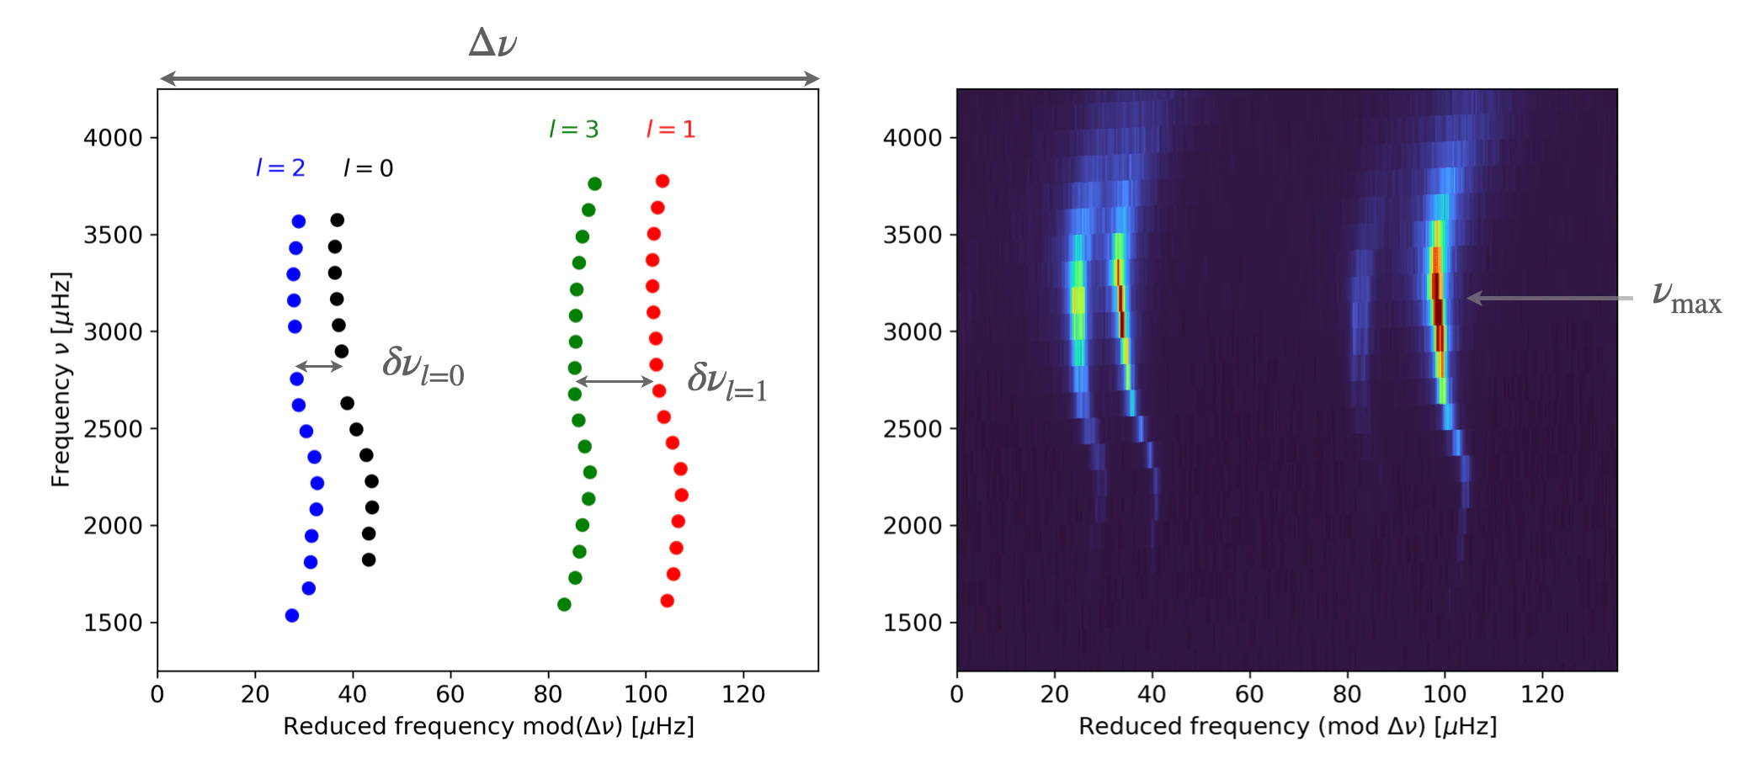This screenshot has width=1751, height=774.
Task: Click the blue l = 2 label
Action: coord(280,167)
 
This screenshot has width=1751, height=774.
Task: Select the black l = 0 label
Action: coord(369,168)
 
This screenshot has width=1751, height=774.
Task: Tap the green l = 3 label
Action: coord(574,129)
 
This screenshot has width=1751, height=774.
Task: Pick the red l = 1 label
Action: coord(671,129)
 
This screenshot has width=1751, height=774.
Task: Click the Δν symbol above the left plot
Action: coord(492,42)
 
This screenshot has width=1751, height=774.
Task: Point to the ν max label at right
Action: coord(1686,297)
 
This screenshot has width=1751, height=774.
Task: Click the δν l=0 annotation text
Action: coord(423,366)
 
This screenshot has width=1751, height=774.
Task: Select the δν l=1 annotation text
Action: coord(727,381)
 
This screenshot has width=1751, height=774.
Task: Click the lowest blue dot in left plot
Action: coord(292,616)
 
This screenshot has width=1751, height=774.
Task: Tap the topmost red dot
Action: coord(663,181)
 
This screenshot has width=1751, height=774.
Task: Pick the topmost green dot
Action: coord(594,183)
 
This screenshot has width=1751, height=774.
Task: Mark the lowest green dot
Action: coord(564,604)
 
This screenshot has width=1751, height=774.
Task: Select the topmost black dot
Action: coord(337,220)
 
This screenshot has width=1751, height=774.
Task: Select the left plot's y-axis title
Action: coord(61,379)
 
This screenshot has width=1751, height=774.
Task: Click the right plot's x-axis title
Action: coord(1288,726)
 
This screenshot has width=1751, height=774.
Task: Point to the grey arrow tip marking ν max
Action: coord(1467,298)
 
